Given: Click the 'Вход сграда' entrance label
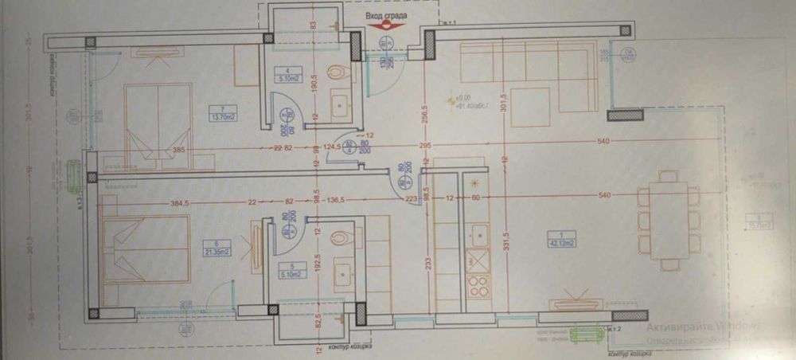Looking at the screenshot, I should click(x=389, y=14).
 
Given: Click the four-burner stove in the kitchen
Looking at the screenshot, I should click(x=479, y=285).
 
